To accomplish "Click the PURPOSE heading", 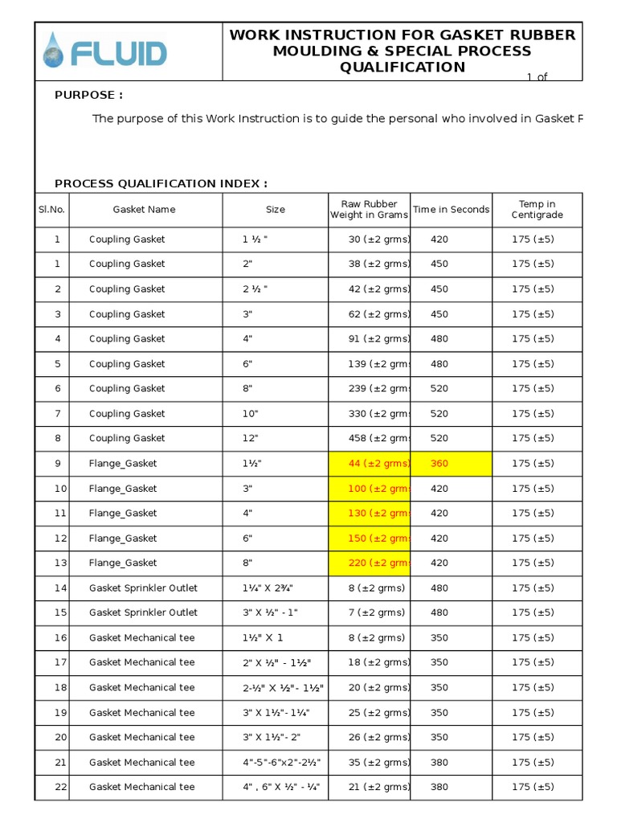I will pos(88,95).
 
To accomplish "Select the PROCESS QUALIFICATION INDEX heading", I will pos(161,183).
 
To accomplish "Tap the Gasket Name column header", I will pos(144,210).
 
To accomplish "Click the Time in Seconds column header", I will pos(451,210).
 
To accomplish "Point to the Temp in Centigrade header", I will pos(537,210).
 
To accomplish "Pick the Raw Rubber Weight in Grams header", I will pos(369,210).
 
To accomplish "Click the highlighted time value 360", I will pos(439,464).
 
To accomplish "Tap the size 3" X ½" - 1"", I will pos(271,613).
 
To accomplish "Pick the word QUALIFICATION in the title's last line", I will pos(402,67).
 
